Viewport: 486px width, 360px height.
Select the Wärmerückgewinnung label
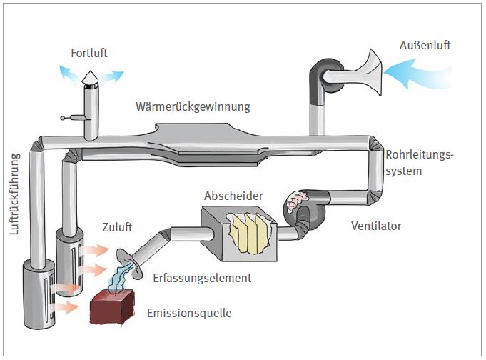(193, 107)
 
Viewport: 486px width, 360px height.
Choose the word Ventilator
(376, 226)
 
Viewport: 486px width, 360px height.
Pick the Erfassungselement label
(202, 277)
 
